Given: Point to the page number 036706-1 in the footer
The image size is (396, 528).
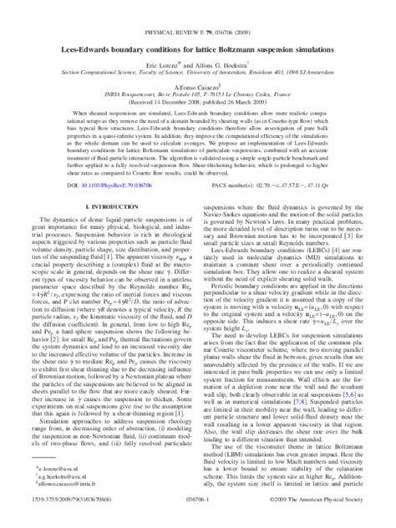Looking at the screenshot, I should pos(198,518).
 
